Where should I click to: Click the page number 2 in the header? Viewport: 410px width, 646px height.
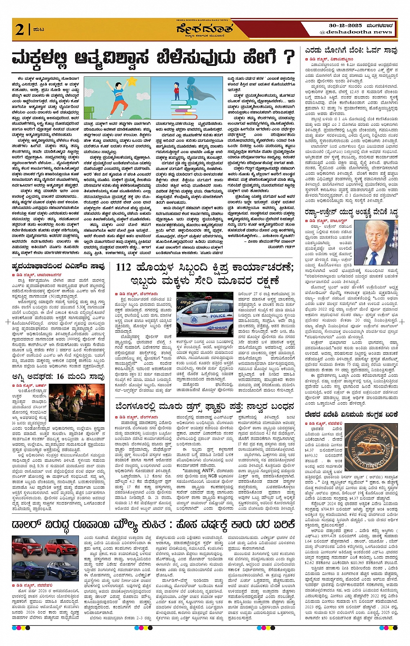pos(20,29)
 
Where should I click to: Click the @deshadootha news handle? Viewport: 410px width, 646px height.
pos(356,32)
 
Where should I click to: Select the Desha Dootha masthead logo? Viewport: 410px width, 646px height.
pos(204,30)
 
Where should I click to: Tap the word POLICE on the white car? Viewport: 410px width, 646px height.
pos(218,316)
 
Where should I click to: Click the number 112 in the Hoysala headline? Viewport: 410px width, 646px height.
pos(124,268)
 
